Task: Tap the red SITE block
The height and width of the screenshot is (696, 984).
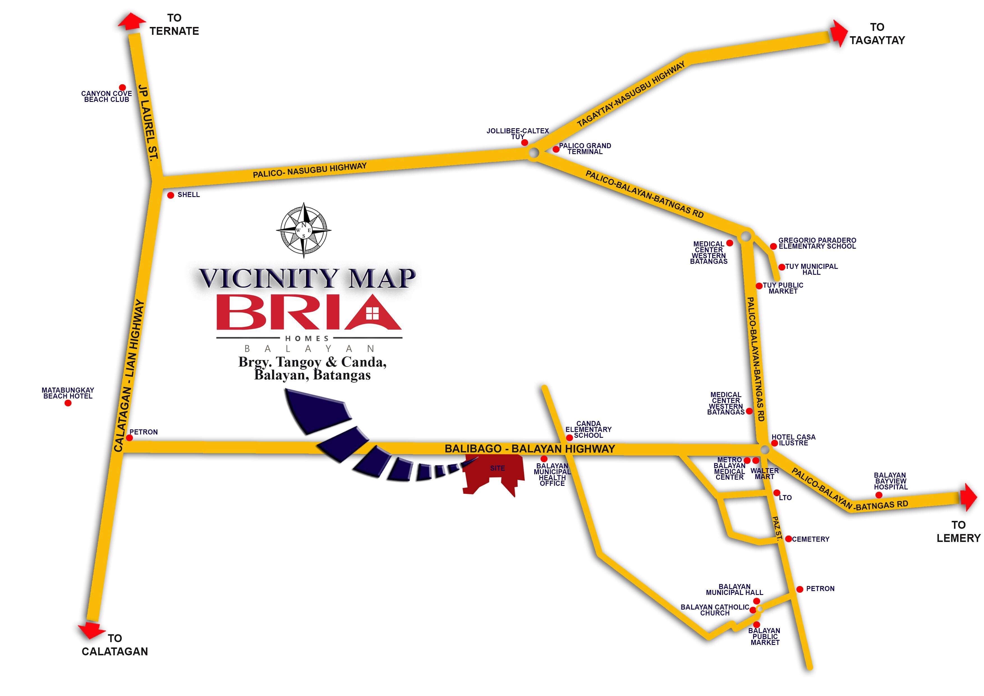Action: (x=495, y=473)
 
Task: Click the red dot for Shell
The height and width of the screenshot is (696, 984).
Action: (x=171, y=195)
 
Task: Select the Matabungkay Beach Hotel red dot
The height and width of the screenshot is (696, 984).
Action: (x=68, y=403)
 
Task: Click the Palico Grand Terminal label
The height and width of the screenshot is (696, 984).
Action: (x=585, y=149)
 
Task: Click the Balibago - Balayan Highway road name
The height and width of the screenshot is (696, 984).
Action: (x=530, y=448)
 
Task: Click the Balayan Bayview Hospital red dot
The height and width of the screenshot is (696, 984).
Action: (x=879, y=495)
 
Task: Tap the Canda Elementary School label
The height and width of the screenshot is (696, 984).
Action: (x=588, y=429)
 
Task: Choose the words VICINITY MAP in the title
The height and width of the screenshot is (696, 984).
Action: (x=307, y=278)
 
